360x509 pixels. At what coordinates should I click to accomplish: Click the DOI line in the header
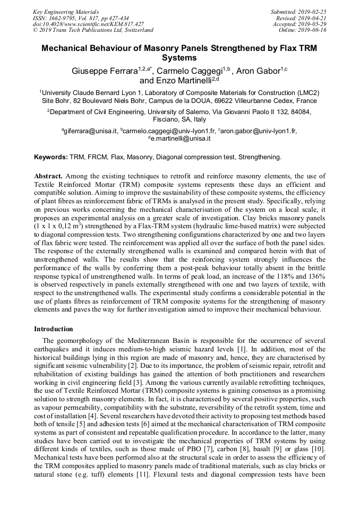coord(88,24)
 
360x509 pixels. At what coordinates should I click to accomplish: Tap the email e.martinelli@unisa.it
coord(181,139)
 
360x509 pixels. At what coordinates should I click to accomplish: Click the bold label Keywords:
coord(51,157)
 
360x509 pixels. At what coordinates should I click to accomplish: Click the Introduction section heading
coord(54,329)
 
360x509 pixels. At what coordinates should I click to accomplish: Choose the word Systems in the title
coord(179,57)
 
